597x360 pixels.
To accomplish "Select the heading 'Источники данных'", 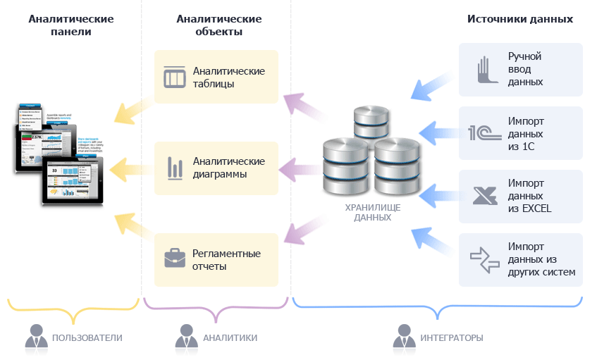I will tap(520, 19).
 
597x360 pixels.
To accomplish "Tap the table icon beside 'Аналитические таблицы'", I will tap(174, 77).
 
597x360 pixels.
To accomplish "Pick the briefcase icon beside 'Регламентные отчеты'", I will tap(174, 259).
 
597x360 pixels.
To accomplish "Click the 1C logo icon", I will tap(484, 132).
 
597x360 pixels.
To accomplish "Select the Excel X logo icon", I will tap(484, 195).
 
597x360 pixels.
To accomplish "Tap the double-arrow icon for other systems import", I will tap(484, 259).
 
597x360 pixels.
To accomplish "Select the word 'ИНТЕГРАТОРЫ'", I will tap(451, 338).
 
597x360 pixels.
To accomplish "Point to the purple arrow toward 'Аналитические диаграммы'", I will tap(300, 168).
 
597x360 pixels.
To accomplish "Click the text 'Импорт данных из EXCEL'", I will tap(529, 195).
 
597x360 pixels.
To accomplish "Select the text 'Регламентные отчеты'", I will tap(227, 259).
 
